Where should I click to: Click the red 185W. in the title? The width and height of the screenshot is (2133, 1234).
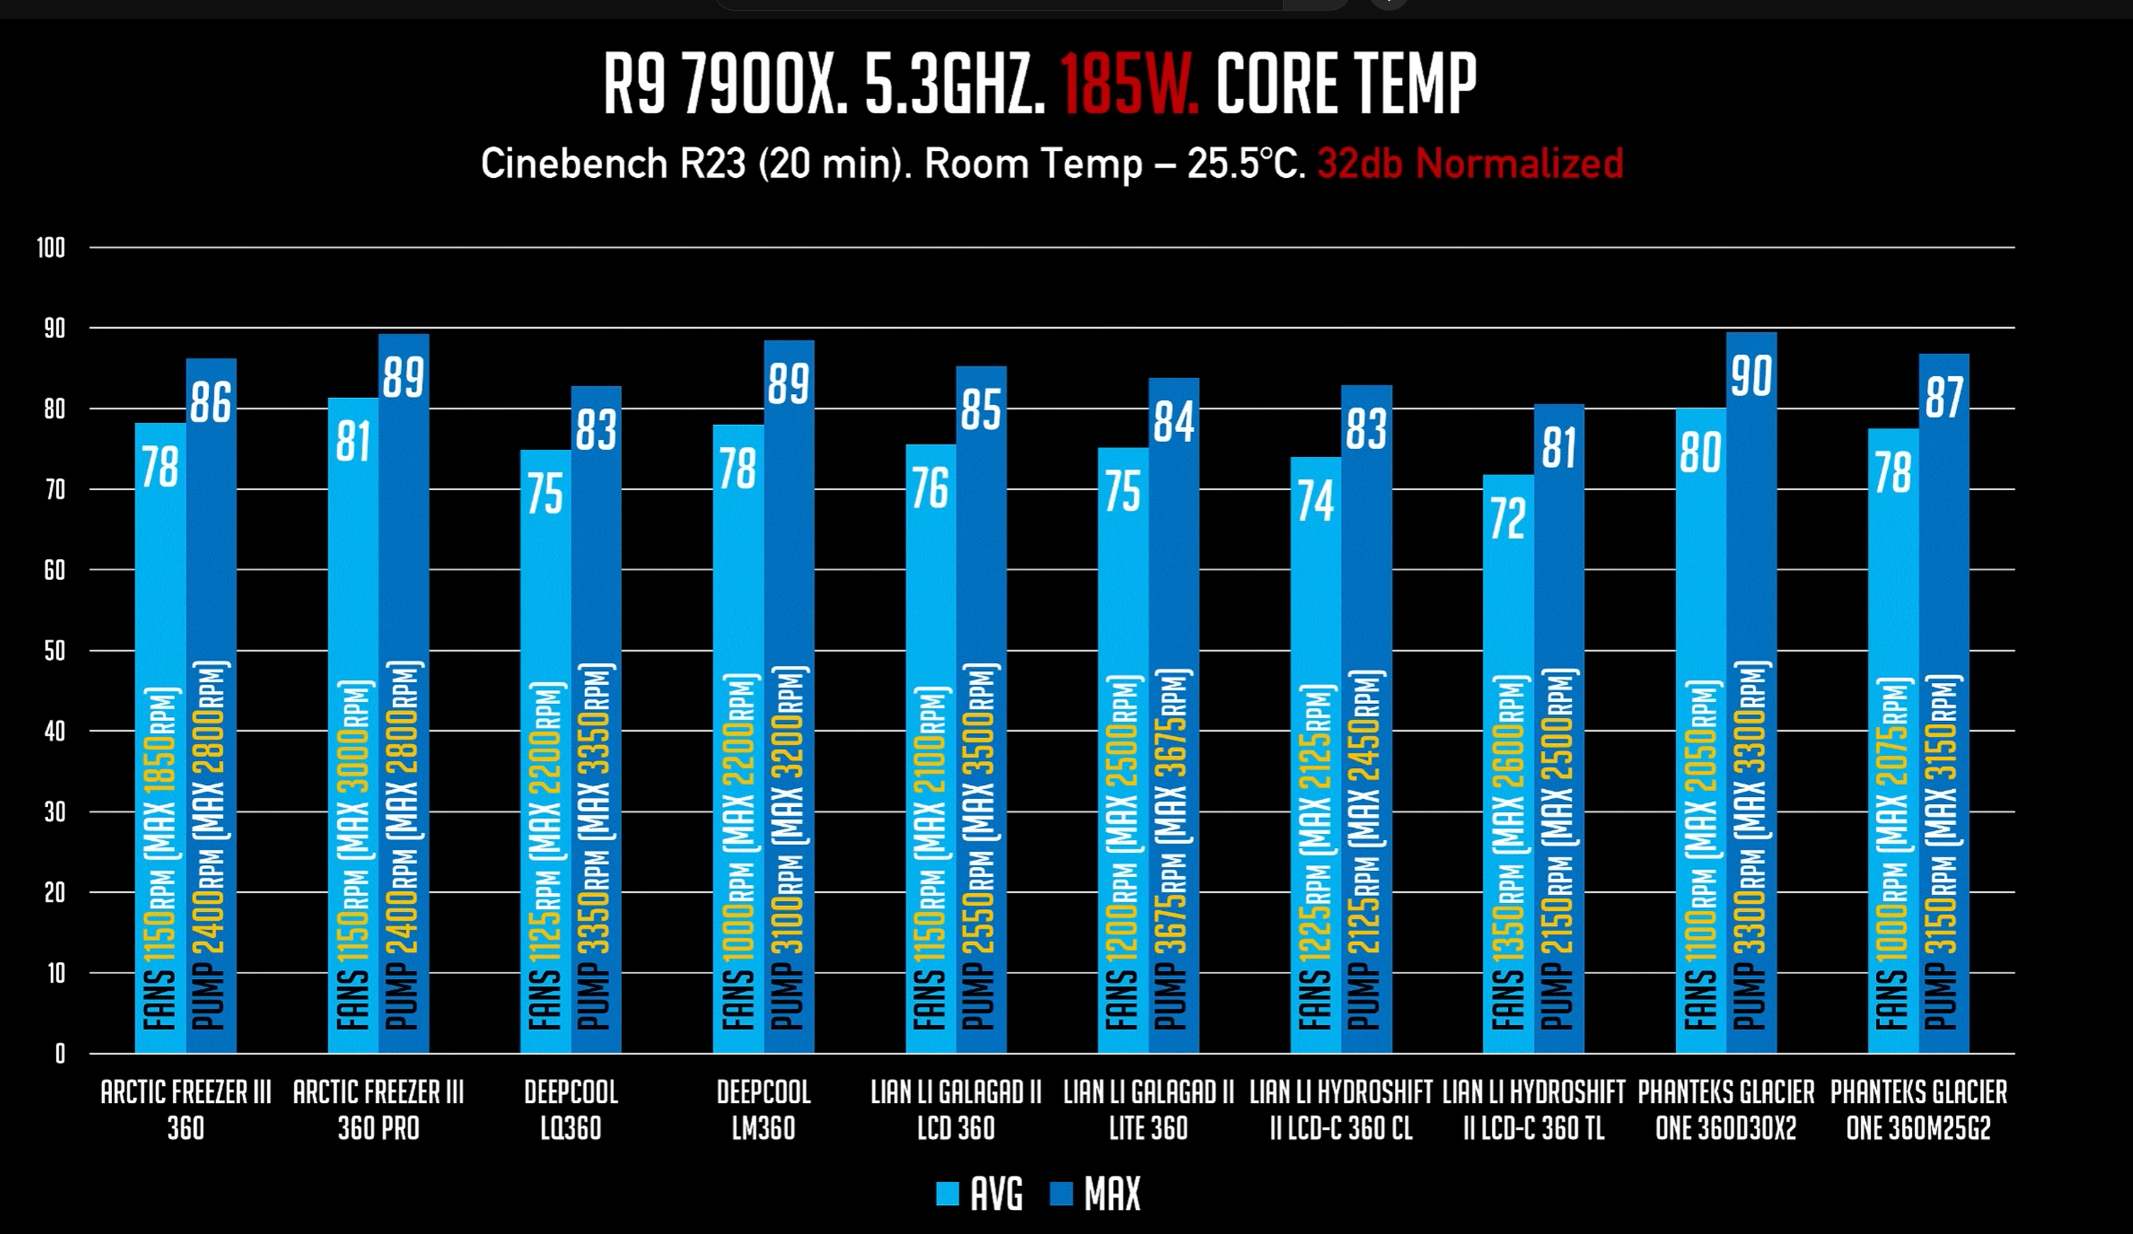click(1128, 84)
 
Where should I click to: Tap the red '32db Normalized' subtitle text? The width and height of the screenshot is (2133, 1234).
click(1469, 164)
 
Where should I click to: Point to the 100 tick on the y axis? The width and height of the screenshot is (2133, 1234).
click(51, 248)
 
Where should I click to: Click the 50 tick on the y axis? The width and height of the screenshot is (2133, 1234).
click(54, 651)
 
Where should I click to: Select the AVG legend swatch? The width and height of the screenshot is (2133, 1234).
click(947, 1194)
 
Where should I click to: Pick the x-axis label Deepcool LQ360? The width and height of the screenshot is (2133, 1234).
click(572, 1109)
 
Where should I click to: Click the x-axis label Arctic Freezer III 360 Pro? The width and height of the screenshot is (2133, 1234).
click(378, 1109)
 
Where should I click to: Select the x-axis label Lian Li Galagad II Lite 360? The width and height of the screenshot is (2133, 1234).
click(1148, 1109)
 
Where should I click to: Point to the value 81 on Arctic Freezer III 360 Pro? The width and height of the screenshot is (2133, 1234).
click(353, 442)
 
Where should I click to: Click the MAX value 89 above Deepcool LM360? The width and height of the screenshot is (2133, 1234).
click(788, 383)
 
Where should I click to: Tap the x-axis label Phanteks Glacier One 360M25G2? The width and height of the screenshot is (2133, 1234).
click(1918, 1109)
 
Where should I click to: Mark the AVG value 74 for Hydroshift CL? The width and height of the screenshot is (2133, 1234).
click(1316, 501)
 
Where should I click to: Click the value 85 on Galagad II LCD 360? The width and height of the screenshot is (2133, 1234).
click(981, 409)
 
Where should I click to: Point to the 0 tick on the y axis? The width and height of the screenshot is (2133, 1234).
click(60, 1054)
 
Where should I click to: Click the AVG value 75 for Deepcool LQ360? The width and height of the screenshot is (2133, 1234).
click(545, 494)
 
